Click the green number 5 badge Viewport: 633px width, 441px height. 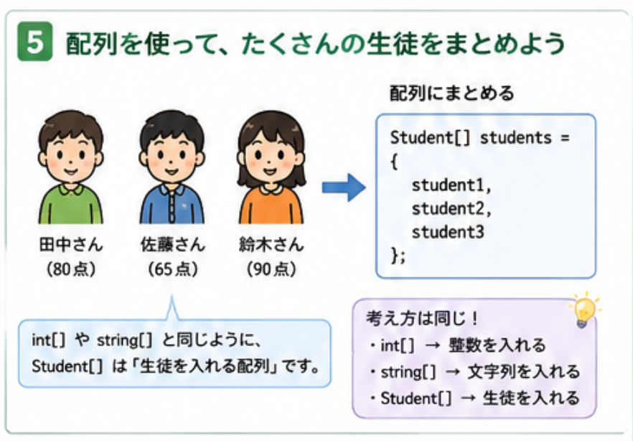tap(34, 42)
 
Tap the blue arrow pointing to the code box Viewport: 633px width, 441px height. tap(344, 187)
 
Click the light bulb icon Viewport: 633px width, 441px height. tap(584, 310)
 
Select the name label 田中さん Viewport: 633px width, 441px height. tap(71, 245)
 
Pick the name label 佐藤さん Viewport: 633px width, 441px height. tap(173, 245)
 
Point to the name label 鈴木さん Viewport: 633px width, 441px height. tap(271, 245)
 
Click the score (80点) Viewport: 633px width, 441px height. tap(72, 269)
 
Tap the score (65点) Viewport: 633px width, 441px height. tap(173, 269)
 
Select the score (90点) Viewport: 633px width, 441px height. tap(271, 269)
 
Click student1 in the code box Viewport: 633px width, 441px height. tap(447, 185)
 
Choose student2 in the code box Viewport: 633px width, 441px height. tap(447, 209)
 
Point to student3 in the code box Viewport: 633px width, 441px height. tap(447, 232)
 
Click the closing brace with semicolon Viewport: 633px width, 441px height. tap(398, 256)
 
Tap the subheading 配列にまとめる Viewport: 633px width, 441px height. tap(451, 93)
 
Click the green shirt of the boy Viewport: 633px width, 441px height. tap(70, 205)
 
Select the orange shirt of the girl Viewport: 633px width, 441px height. tap(271, 205)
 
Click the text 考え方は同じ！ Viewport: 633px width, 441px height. tap(422, 319)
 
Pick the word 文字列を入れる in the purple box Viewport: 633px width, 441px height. tap(524, 372)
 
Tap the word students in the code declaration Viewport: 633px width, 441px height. tap(515, 138)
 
